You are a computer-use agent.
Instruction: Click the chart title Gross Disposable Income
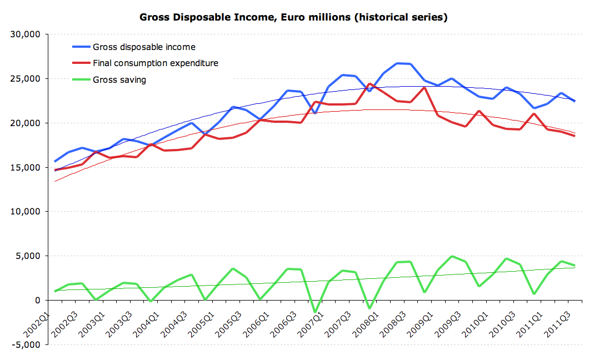(293, 17)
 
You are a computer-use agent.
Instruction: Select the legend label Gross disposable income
(144, 47)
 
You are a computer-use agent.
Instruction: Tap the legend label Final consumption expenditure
(155, 63)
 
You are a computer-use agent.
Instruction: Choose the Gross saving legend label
(119, 79)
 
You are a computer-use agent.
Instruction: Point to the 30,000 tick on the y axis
(26, 34)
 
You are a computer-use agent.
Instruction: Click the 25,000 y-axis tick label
(26, 79)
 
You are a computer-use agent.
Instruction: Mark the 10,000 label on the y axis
(26, 212)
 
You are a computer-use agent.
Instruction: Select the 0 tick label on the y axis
(37, 301)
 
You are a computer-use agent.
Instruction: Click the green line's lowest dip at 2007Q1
(315, 312)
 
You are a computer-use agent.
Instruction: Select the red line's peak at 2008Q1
(369, 84)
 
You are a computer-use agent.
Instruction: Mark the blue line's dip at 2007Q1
(315, 113)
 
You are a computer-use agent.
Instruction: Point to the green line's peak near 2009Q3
(452, 256)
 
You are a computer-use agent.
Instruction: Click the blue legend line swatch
(81, 47)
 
